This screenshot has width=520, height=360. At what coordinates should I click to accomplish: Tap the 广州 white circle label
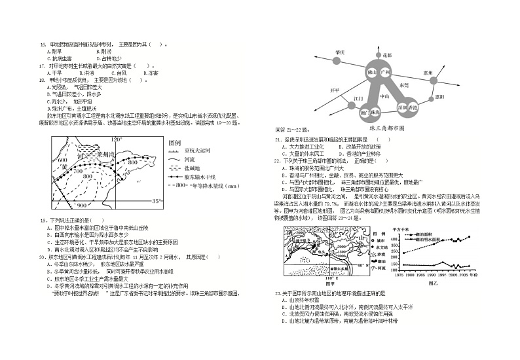[384, 71]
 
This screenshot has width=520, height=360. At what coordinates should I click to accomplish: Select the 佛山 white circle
[370, 71]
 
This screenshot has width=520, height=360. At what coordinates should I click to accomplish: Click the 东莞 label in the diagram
[403, 85]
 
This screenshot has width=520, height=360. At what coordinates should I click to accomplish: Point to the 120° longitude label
[117, 140]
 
